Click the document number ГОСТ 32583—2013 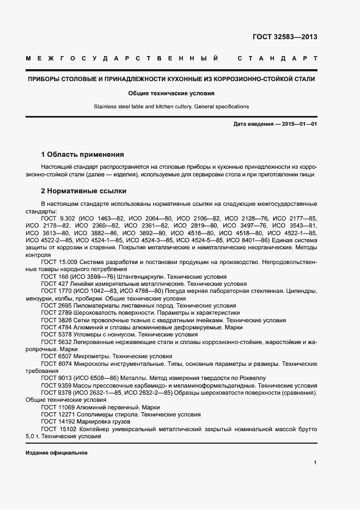point(285,37)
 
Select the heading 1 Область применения point(83,155)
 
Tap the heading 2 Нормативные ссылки point(84,191)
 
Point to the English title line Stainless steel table point(171,107)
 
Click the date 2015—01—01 point(300,125)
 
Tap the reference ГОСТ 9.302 point(56,218)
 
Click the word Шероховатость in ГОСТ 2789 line point(94,313)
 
